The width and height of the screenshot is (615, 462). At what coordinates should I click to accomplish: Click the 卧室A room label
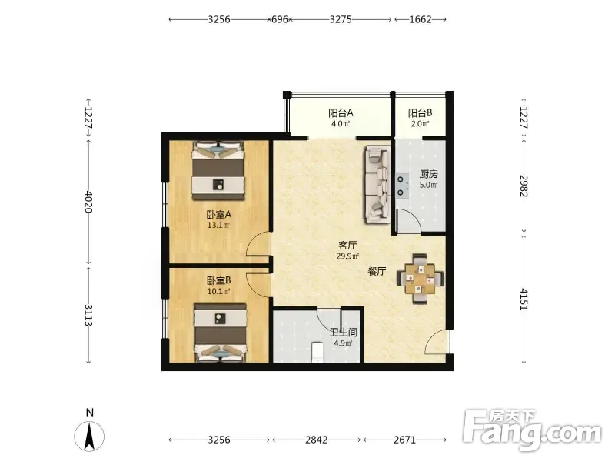click(x=218, y=215)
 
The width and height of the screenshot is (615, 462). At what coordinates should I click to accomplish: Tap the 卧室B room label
click(x=218, y=280)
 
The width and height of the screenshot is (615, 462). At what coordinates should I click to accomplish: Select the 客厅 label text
click(x=347, y=246)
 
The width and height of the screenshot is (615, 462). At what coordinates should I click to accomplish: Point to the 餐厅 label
click(x=377, y=271)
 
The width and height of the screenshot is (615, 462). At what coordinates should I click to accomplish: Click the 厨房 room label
click(x=428, y=174)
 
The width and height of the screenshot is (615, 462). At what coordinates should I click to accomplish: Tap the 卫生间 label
click(x=343, y=333)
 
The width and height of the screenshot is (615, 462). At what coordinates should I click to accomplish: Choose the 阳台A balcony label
click(x=341, y=113)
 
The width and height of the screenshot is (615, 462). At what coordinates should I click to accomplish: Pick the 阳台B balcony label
click(x=420, y=113)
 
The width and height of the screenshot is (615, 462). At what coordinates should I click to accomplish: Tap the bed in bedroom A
click(x=218, y=170)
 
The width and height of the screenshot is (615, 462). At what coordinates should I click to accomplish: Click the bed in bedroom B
click(x=221, y=333)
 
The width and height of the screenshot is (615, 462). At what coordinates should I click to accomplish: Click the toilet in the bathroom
click(x=316, y=352)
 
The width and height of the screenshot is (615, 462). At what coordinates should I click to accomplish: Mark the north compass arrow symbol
click(x=89, y=436)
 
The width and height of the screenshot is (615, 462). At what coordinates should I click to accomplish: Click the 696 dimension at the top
click(x=280, y=19)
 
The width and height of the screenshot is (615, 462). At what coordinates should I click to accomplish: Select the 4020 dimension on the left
click(x=88, y=201)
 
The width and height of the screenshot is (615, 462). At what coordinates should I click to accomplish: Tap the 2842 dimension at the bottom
click(x=316, y=440)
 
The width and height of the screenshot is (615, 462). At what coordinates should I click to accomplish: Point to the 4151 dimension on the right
click(x=524, y=300)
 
